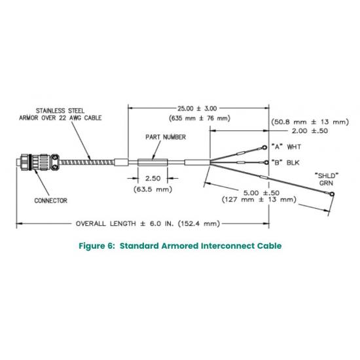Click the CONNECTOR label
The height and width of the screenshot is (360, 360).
pyautogui.click(x=51, y=201)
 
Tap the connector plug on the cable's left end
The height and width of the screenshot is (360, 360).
pyautogui.click(x=38, y=162)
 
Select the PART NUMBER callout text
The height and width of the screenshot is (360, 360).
pyautogui.click(x=166, y=137)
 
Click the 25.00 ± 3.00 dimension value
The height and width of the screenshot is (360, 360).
pyautogui.click(x=197, y=109)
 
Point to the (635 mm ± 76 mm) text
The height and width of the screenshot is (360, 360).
pyautogui.click(x=200, y=118)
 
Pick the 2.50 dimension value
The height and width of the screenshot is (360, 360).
pyautogui.click(x=153, y=179)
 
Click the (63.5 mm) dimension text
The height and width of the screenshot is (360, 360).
pyautogui.click(x=153, y=189)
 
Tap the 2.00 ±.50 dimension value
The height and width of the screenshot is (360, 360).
pyautogui.click(x=310, y=131)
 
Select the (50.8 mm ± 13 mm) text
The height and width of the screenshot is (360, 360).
pyautogui.click(x=310, y=122)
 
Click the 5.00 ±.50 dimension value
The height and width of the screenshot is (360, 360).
pyautogui.click(x=261, y=193)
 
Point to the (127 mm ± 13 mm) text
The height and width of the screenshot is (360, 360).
pyautogui.click(x=259, y=199)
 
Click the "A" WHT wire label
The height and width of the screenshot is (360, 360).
pyautogui.click(x=286, y=147)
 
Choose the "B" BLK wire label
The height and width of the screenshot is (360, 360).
pyautogui.click(x=285, y=163)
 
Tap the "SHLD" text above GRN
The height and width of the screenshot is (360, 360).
pyautogui.click(x=326, y=176)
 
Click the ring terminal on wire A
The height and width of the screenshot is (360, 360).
pyautogui.click(x=264, y=147)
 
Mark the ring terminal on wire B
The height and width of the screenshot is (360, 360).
pyautogui.click(x=266, y=163)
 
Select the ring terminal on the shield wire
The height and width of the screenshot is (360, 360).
pyautogui.click(x=332, y=194)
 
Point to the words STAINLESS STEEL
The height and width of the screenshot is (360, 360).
pyautogui.click(x=60, y=111)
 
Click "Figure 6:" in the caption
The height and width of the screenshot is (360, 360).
pyautogui.click(x=96, y=246)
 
